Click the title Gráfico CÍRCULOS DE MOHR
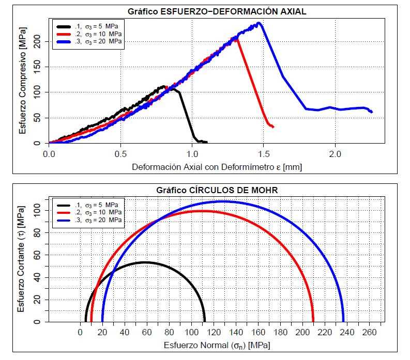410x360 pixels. click(x=217, y=190)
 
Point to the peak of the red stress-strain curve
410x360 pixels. click(x=237, y=37)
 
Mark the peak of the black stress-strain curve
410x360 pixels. click(x=164, y=86)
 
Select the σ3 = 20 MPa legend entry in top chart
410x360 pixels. click(x=102, y=41)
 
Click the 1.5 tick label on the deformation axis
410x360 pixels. click(x=264, y=154)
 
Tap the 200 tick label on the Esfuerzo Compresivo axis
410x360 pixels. click(x=36, y=42)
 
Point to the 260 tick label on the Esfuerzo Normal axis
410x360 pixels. click(x=369, y=332)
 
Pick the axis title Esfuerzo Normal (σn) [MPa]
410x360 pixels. click(x=217, y=345)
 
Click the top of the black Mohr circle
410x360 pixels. click(x=145, y=262)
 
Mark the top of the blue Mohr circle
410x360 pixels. click(x=223, y=201)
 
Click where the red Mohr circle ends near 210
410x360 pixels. click(x=313, y=321)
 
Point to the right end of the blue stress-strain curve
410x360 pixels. click(x=371, y=112)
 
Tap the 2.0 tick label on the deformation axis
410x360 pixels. click(x=336, y=154)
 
